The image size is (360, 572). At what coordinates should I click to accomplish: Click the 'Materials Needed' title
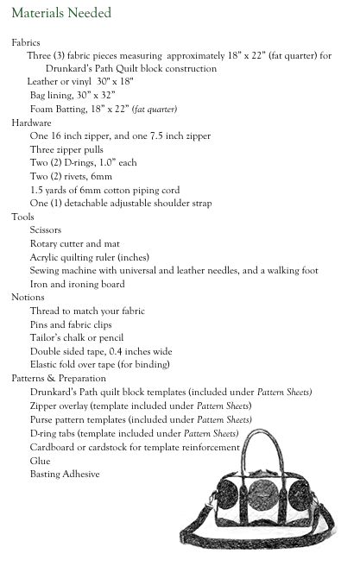pyautogui.click(x=61, y=14)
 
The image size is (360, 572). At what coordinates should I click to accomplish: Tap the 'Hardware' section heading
pyautogui.click(x=31, y=123)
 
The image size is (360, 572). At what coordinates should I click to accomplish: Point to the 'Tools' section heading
pyautogui.click(x=22, y=217)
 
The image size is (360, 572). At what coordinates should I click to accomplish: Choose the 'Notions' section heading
pyautogui.click(x=28, y=298)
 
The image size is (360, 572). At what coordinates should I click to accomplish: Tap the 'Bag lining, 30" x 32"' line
pyautogui.click(x=73, y=96)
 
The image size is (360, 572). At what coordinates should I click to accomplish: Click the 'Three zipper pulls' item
pyautogui.click(x=66, y=149)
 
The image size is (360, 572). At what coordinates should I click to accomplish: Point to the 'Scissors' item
pyautogui.click(x=47, y=230)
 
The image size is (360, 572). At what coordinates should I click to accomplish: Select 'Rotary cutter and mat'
pyautogui.click(x=67, y=244)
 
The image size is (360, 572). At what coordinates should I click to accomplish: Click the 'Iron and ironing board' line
pyautogui.click(x=77, y=284)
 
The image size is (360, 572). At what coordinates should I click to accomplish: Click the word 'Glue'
pyautogui.click(x=40, y=461)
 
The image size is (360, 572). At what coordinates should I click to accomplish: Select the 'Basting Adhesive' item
pyautogui.click(x=64, y=474)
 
